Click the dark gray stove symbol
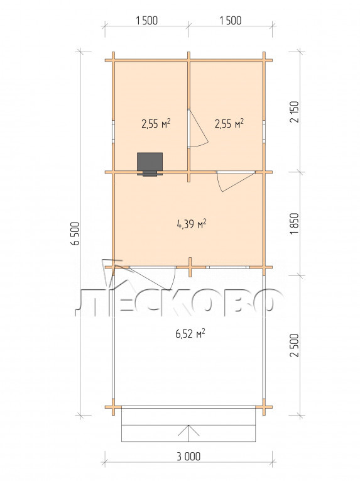coord(150,164)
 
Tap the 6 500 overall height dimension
coord(75,233)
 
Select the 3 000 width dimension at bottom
coord(188,456)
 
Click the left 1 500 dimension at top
coord(146,21)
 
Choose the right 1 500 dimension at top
coord(231,21)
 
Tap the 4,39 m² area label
coord(192,224)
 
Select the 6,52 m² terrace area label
coord(190,333)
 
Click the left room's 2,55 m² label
coord(156,124)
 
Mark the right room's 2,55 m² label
coord(229,124)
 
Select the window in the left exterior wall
coord(113,132)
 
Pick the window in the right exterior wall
coord(264,132)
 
